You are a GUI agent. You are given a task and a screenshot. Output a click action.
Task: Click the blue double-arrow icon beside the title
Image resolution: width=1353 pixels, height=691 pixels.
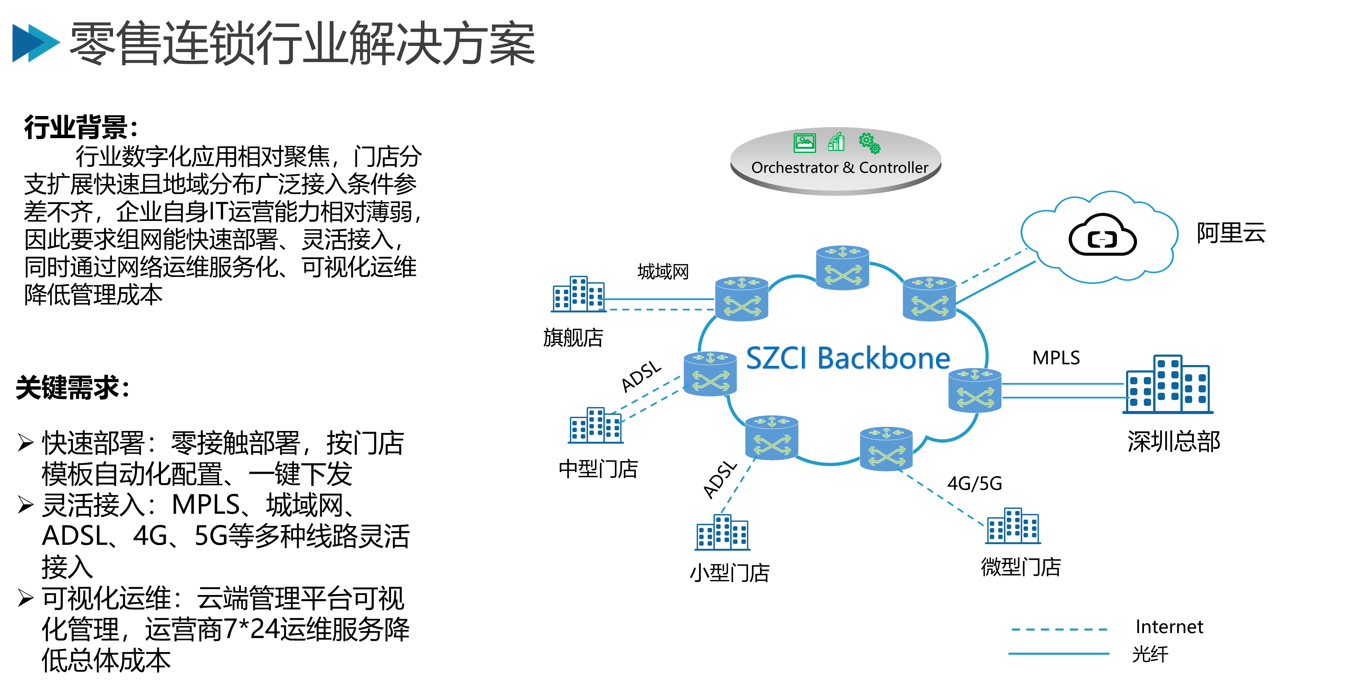[36, 43]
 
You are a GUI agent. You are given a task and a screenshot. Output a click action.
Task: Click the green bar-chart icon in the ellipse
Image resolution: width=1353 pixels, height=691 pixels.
[836, 142]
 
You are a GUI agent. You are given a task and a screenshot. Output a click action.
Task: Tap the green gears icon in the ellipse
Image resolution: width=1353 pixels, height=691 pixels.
[869, 143]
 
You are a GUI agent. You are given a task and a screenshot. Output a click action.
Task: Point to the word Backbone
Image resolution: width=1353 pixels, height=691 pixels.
[883, 359]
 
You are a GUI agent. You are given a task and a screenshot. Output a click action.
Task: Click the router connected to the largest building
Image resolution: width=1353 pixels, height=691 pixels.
[975, 390]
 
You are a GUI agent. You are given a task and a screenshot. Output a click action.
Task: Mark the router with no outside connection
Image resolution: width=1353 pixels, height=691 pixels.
[842, 267]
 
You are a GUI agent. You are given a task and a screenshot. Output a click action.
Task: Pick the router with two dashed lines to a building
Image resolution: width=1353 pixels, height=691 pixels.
[710, 374]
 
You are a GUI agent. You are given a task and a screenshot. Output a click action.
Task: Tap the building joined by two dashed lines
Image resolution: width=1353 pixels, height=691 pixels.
[596, 425]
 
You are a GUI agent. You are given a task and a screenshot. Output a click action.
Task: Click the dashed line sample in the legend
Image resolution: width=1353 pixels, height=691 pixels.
[1059, 629]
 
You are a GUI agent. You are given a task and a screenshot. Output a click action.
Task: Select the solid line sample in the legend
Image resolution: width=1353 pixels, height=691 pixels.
[1059, 654]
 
